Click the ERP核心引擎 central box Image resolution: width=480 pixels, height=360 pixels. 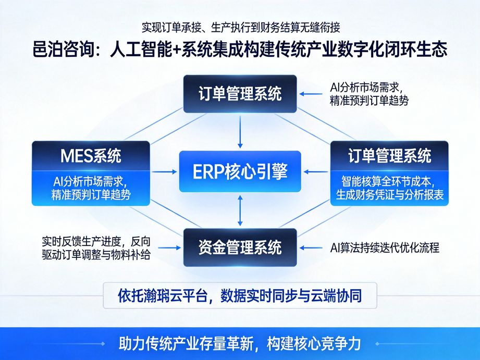coord(240,171)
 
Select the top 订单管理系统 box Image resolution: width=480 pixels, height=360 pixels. coord(240,94)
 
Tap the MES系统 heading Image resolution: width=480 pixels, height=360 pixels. coord(91,155)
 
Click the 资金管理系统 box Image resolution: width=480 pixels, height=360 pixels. coord(240,247)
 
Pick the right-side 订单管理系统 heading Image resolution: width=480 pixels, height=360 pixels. coord(389,155)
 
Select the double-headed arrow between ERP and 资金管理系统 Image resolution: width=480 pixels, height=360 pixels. coord(240,210)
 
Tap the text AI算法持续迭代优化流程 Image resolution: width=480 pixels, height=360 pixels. coord(385,247)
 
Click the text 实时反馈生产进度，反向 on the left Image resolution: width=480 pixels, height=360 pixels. coord(96,241)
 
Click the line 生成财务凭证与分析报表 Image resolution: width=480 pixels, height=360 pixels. coord(389,195)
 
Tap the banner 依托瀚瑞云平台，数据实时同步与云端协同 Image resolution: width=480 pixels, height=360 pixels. coord(240,296)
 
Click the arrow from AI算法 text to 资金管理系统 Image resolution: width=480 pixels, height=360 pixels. coord(312,247)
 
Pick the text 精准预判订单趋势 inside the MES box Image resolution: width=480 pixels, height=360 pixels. coord(91,195)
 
